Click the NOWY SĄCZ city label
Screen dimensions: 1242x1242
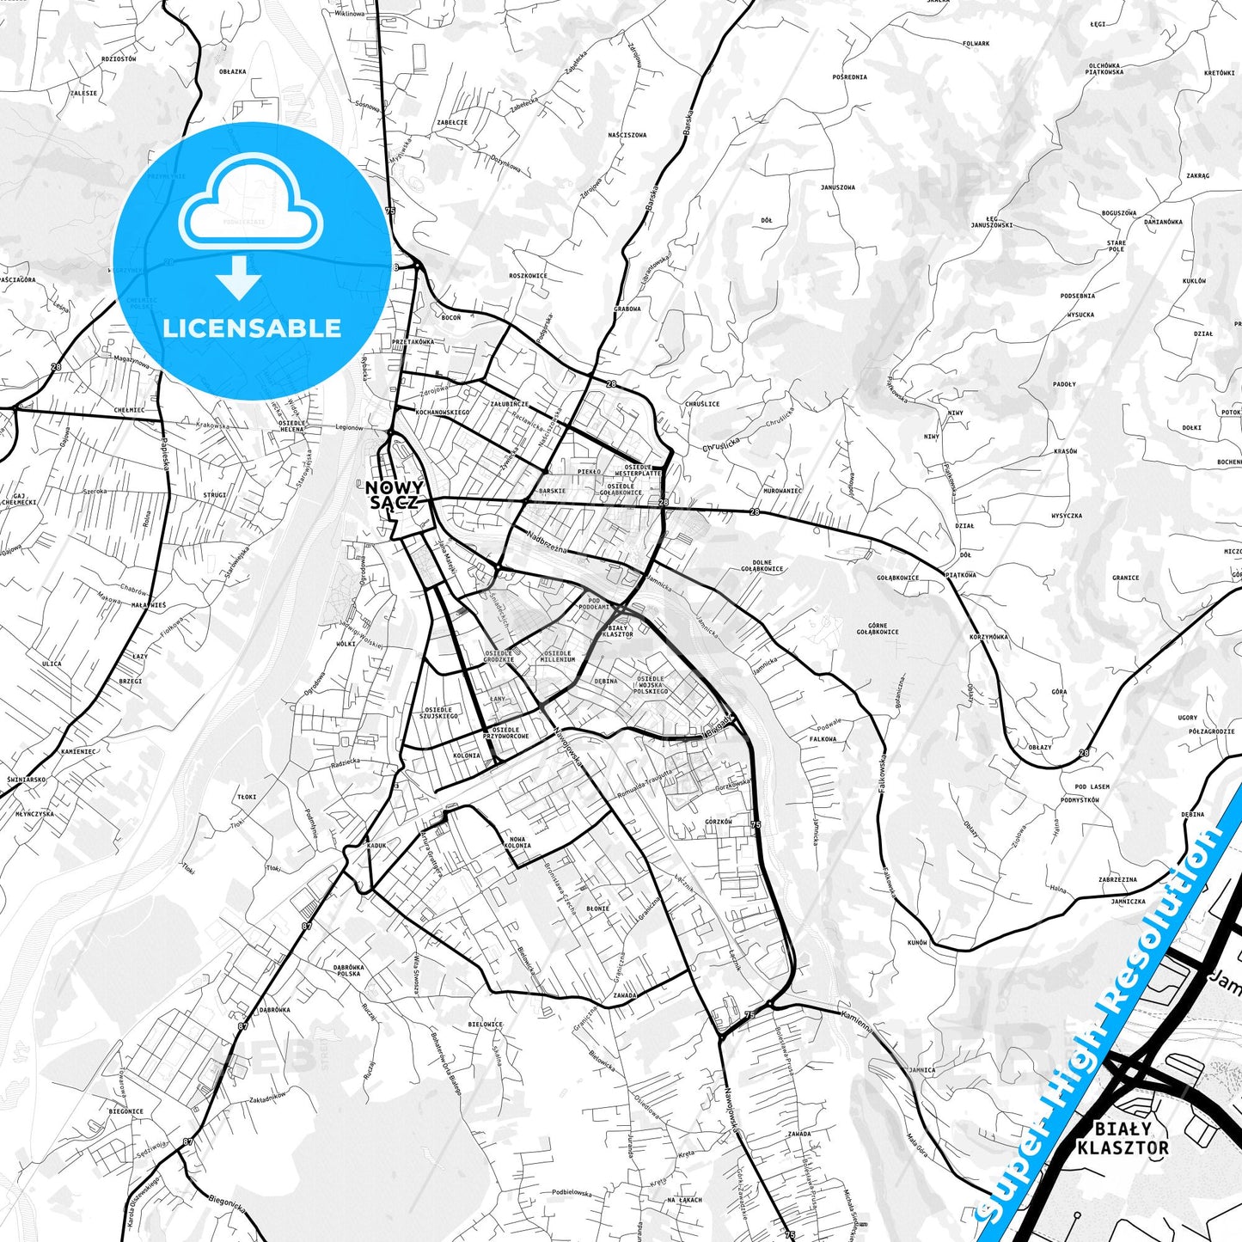click(395, 495)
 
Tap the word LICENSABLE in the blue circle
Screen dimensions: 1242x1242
click(252, 328)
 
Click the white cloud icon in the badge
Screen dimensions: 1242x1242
click(250, 205)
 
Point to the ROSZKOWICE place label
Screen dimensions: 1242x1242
click(528, 276)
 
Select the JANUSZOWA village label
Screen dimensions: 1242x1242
click(837, 187)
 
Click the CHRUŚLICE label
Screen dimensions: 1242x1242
click(702, 404)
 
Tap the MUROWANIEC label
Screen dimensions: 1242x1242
click(782, 491)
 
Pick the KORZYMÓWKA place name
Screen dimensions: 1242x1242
click(988, 637)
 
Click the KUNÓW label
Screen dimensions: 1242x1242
click(917, 942)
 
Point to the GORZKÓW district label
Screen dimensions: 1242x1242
click(719, 822)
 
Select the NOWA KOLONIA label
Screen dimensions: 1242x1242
click(517, 842)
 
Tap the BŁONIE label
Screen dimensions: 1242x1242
click(597, 909)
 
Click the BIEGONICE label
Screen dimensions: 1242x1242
click(126, 1111)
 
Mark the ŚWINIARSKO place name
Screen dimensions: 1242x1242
click(26, 780)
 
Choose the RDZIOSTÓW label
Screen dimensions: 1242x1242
click(119, 59)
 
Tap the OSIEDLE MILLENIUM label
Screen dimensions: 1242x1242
click(558, 656)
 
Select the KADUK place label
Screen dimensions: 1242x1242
click(376, 846)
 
